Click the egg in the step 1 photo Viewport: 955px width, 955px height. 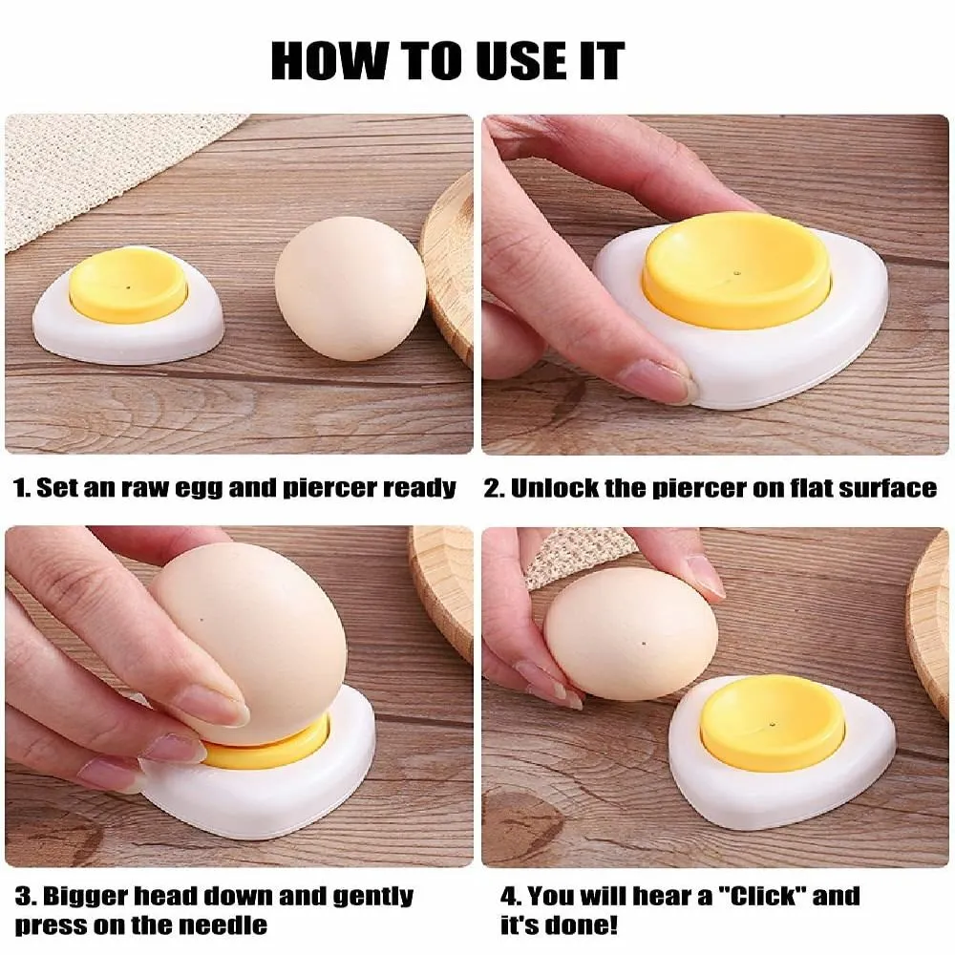tap(350, 291)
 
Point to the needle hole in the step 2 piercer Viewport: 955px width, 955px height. tap(736, 274)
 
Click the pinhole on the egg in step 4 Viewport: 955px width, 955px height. tap(644, 643)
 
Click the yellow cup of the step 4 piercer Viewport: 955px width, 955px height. tap(772, 722)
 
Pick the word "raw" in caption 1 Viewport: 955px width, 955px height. tap(144, 488)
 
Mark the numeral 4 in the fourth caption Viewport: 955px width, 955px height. tap(507, 897)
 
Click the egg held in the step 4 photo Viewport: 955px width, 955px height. tap(630, 632)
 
